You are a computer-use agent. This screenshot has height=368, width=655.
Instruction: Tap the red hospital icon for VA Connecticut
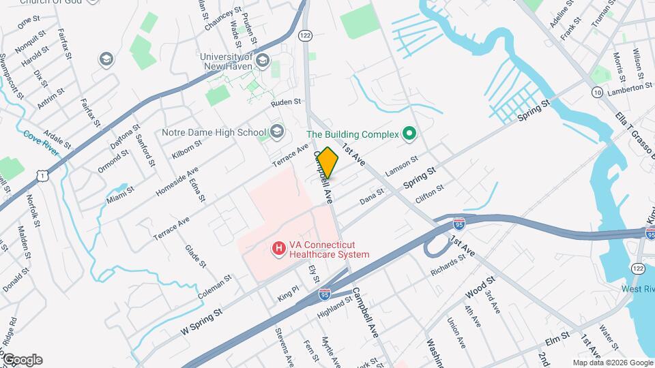pos(278,249)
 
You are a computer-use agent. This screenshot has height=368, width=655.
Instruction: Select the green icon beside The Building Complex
pos(409,134)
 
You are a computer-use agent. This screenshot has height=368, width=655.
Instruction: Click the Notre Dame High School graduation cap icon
pos(276,131)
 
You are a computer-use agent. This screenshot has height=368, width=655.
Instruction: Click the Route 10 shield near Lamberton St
pos(597,92)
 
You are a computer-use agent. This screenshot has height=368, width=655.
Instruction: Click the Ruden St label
pos(285,102)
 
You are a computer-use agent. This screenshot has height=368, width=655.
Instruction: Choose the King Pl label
pos(288,293)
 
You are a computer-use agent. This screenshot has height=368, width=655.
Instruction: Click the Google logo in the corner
pos(22,360)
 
